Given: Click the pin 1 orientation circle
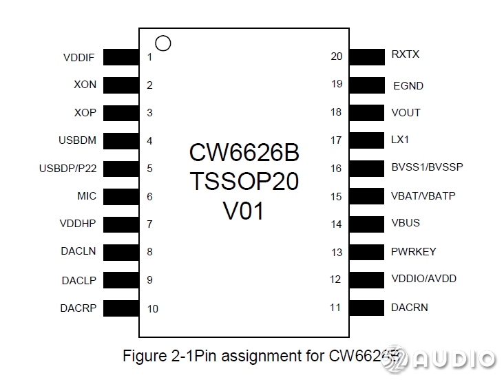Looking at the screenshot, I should coord(163,43).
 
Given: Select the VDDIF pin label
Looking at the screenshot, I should coord(79,58).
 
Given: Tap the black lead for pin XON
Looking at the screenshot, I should coord(121,85).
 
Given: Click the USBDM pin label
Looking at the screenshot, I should coord(77,140).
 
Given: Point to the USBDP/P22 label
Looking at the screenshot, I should coord(67,168).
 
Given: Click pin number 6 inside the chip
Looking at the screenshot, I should coord(149,197).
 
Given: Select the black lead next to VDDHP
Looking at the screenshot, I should coord(121,224).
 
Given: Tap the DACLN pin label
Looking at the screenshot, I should coord(78,251).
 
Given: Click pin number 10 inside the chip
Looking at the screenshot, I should coord(153,308).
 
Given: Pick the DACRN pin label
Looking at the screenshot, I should coord(410,307).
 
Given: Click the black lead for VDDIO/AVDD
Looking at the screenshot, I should coord(366,279).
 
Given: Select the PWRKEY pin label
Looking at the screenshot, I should coord(413,251).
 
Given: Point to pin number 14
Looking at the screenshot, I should coord(336,224).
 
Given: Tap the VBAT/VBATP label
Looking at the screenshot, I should coord(423,195).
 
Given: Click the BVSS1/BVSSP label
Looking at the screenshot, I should coord(427,167).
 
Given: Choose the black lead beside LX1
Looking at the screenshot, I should coord(366,140).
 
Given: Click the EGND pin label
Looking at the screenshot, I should coord(408,86).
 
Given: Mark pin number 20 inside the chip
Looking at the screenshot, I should coord(336,56).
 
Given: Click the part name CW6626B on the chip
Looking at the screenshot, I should coord(244,152).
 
